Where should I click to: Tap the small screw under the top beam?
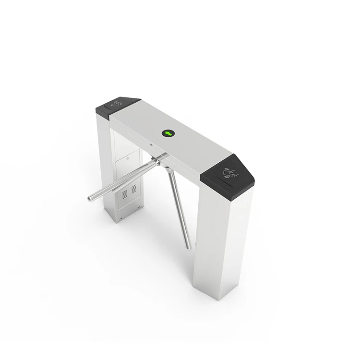point(150,146)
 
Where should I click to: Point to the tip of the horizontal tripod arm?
point(91,198)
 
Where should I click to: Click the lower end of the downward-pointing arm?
point(189,247)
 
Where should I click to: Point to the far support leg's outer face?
point(106,158)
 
